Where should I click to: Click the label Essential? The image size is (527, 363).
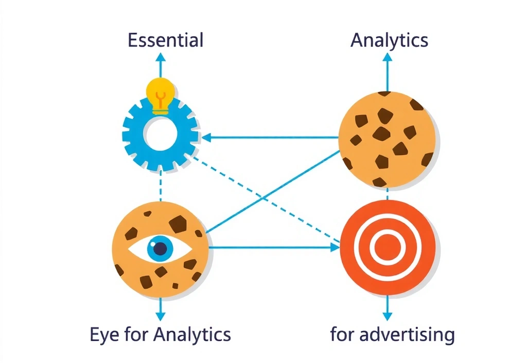[165, 40]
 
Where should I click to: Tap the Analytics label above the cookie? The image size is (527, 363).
[389, 40]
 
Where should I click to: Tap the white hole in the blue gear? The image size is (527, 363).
[160, 134]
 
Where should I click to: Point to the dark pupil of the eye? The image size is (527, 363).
[161, 249]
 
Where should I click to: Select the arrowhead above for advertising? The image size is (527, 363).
[388, 314]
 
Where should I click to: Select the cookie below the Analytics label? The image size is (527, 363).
[388, 138]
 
